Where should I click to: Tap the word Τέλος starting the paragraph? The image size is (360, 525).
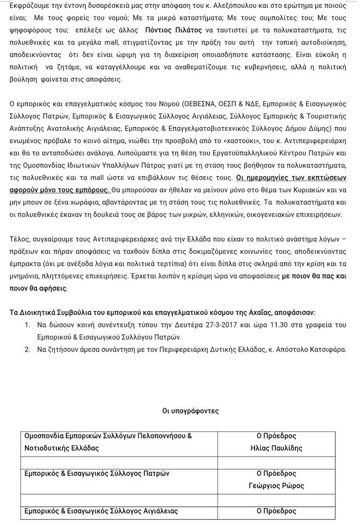(20, 239)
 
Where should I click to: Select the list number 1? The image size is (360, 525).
(28, 325)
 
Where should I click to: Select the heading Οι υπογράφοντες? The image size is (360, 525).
(190, 410)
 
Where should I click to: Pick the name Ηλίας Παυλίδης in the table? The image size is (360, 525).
(276, 448)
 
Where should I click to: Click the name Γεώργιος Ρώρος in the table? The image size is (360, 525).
(276, 486)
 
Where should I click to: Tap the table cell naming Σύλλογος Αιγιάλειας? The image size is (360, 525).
(102, 511)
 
